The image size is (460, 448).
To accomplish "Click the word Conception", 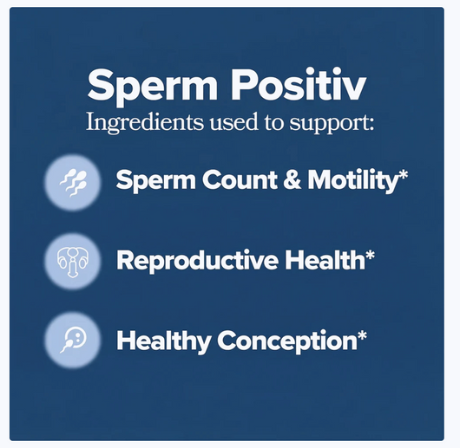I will [281, 341].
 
